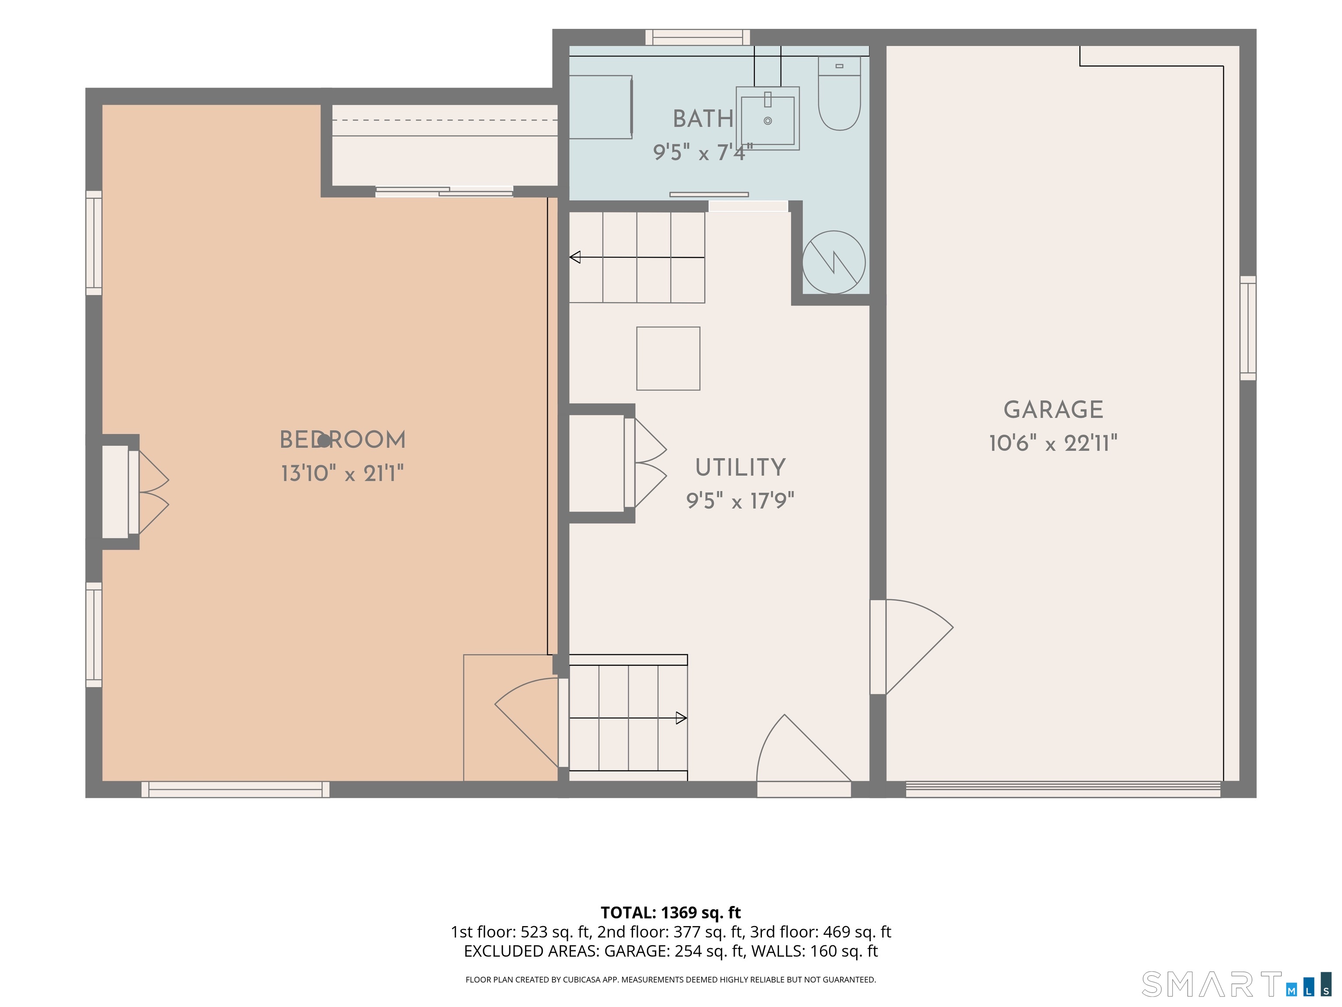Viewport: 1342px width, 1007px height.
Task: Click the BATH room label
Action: click(703, 119)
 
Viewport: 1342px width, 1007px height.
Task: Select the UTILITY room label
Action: click(740, 467)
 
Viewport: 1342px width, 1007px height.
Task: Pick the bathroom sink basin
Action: click(768, 118)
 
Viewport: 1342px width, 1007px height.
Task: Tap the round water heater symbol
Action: click(834, 262)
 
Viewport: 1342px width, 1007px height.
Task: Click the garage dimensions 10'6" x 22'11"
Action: click(1053, 443)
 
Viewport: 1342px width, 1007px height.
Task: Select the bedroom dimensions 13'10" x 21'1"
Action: click(342, 473)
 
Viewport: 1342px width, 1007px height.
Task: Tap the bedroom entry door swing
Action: click(526, 722)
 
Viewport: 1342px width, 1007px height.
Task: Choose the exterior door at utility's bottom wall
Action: click(804, 756)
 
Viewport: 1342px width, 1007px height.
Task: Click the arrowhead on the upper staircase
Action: click(574, 257)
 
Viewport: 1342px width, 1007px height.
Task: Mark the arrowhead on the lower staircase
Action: click(681, 718)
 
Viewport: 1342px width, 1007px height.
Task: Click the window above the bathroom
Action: click(697, 37)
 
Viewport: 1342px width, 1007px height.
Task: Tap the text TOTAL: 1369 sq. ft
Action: click(671, 912)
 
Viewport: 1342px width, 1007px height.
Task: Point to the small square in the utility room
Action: click(668, 358)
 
